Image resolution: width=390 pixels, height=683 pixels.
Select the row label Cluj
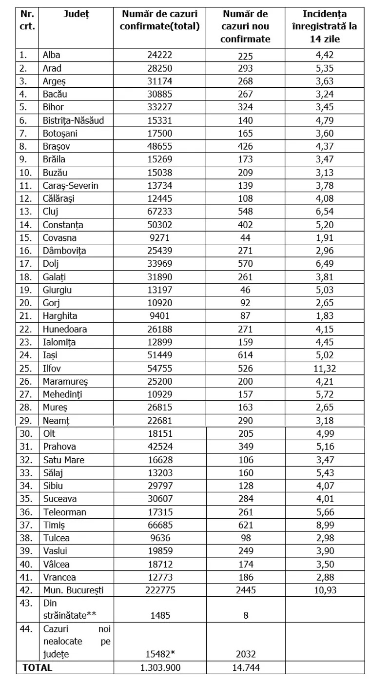(51, 212)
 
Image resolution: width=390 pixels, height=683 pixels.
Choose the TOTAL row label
(37, 667)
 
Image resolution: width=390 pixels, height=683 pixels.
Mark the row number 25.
(25, 368)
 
